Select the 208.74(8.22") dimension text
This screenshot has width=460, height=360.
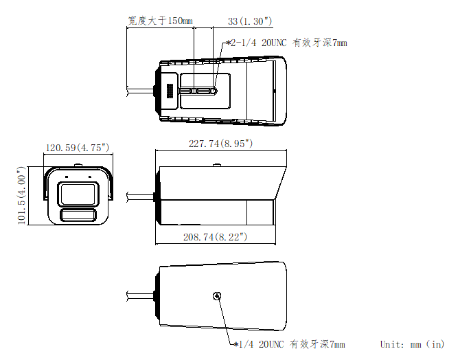coord(215,236)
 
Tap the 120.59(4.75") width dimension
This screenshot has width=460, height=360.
coord(78,148)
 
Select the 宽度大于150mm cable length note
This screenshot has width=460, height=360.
coord(159,21)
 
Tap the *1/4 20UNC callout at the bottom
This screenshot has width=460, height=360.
coord(289,345)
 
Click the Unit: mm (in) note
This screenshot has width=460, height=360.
coord(412,344)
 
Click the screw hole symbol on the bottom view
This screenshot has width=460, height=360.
coord(217,296)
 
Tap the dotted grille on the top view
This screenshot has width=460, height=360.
coord(168,90)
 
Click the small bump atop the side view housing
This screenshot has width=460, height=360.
coord(217,164)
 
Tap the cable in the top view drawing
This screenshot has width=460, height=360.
coord(141,89)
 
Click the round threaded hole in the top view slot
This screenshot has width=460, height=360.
coord(213,90)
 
